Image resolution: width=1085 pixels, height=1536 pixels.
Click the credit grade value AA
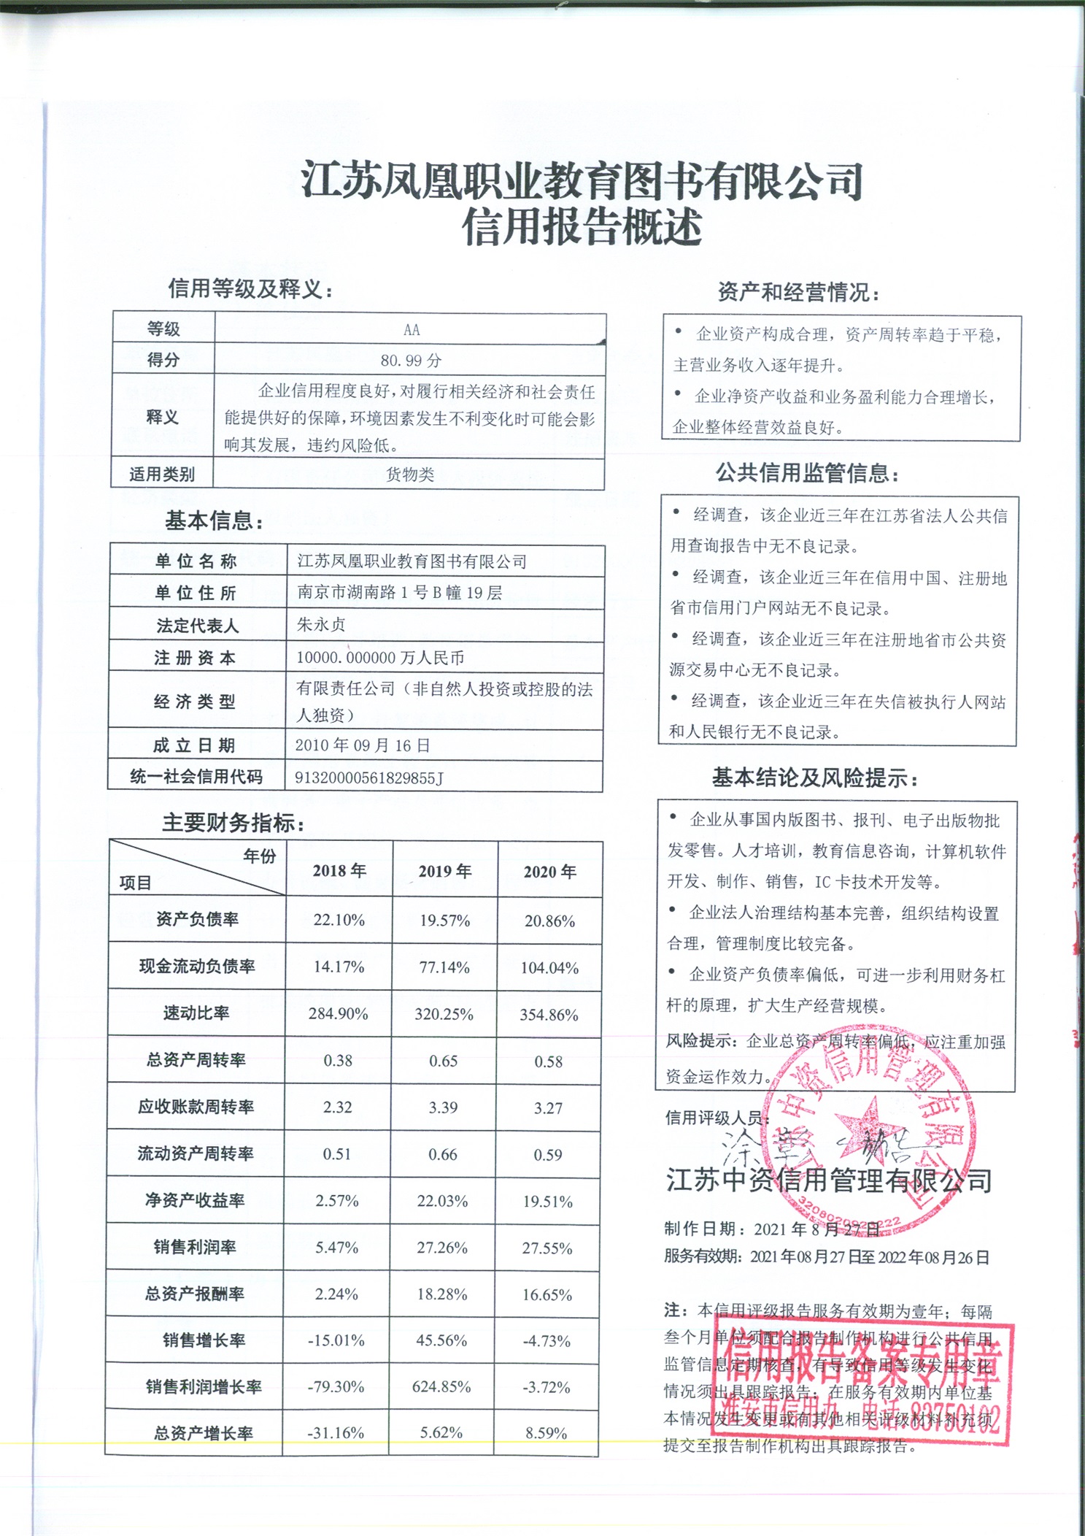click(x=412, y=329)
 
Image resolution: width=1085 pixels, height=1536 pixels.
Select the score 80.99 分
click(x=411, y=360)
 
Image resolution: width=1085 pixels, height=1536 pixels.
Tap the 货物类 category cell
click(x=409, y=475)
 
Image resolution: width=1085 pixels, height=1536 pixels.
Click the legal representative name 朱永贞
click(x=321, y=624)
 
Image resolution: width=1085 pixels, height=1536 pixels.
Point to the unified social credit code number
click(x=368, y=777)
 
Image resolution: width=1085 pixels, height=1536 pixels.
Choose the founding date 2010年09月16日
click(x=363, y=745)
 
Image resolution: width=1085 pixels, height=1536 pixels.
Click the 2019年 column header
click(x=444, y=871)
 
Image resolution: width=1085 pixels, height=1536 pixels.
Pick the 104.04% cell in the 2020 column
click(x=549, y=968)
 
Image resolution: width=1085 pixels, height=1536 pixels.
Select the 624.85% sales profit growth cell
click(x=441, y=1386)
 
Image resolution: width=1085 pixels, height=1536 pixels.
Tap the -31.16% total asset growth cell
click(x=336, y=1433)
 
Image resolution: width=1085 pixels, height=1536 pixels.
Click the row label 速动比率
click(x=196, y=1013)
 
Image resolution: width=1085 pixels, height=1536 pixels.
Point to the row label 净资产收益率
click(x=195, y=1200)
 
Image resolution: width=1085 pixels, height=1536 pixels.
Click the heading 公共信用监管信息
click(x=806, y=474)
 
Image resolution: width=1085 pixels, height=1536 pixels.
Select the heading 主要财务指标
click(x=232, y=823)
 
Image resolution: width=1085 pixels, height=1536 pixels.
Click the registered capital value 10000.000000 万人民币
click(x=380, y=657)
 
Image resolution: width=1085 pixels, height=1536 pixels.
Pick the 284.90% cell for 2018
click(x=338, y=1014)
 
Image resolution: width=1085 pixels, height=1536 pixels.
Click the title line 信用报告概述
click(x=582, y=226)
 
